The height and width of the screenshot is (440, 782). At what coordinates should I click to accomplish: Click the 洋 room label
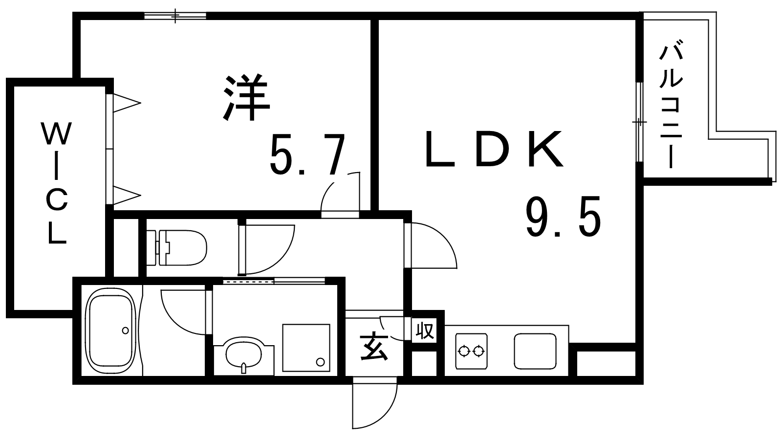pos(247,97)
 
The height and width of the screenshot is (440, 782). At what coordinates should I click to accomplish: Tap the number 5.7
pos(308,154)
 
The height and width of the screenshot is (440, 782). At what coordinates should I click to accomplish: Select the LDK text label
pos(494,149)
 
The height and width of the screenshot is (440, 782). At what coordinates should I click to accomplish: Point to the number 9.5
pos(564,217)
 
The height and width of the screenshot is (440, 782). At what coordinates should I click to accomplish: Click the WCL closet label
pos(57,182)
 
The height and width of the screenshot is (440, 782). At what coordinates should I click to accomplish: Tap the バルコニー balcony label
pos(671,110)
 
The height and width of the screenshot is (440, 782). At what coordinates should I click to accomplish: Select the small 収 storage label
pos(425,330)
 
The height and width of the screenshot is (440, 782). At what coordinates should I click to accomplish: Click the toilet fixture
pos(176,247)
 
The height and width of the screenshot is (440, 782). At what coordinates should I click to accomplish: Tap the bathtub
pos(111,331)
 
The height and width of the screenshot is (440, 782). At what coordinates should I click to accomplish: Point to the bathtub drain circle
pos(125,330)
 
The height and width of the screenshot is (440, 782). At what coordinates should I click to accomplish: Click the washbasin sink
pos(244,355)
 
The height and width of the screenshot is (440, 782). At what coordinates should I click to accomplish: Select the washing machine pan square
pos(306,348)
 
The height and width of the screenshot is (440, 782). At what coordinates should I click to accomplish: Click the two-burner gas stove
pos(471,351)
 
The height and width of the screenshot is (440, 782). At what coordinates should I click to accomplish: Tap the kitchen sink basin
pos(535,351)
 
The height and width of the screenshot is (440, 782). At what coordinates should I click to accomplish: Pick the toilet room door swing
pos(267,249)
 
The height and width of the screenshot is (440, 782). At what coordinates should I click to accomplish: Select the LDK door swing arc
pos(433,245)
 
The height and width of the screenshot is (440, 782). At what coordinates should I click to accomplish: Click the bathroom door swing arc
pos(184,312)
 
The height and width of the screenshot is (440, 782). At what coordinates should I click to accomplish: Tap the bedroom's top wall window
pos(175,16)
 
